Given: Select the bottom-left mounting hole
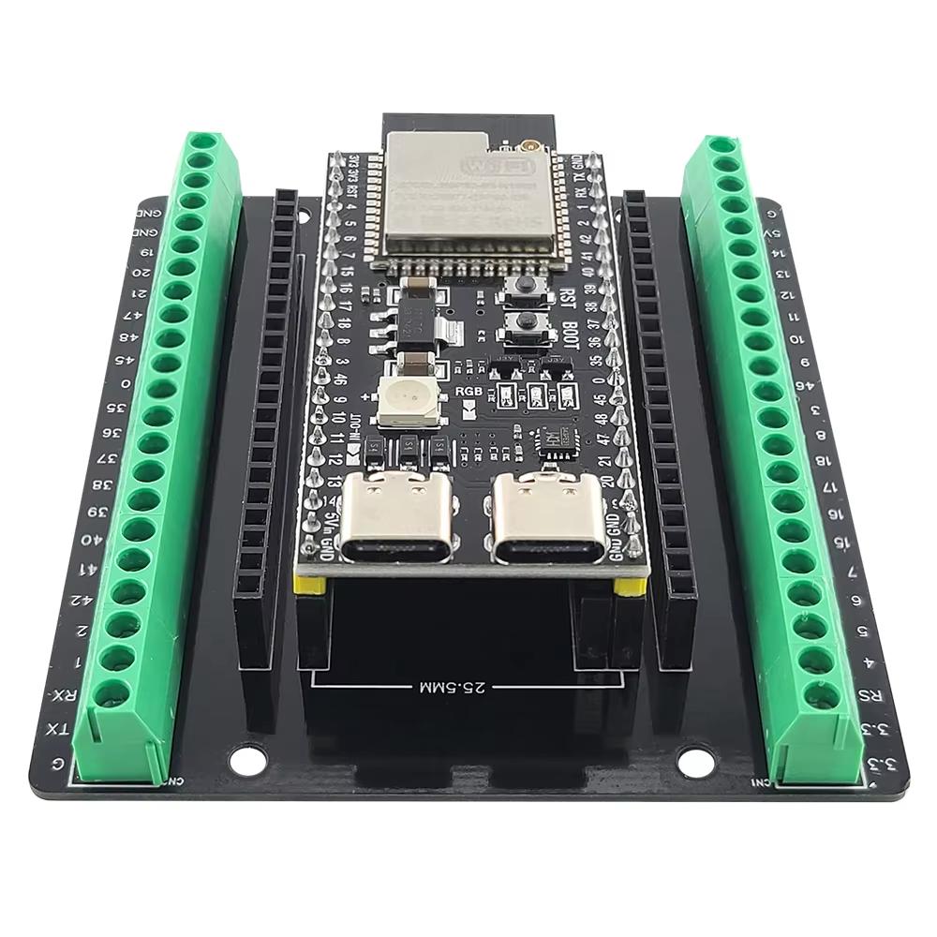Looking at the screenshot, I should [246, 760].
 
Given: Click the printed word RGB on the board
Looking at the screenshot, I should [468, 390].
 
